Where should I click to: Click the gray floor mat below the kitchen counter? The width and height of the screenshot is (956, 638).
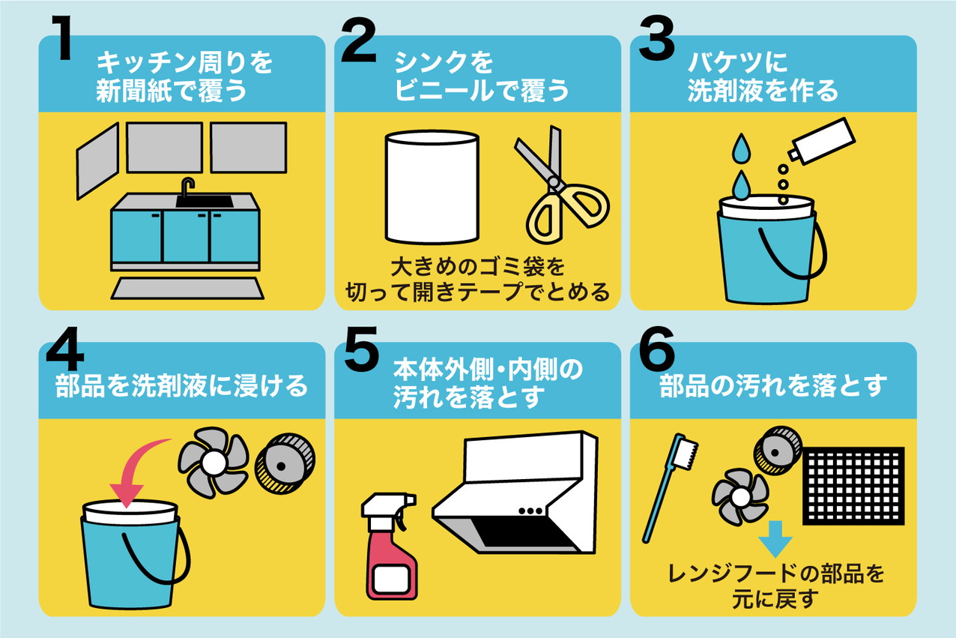pyautogui.click(x=187, y=288)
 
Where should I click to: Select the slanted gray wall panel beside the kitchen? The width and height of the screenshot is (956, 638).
pyautogui.click(x=97, y=161)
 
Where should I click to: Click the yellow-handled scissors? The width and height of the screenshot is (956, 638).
pyautogui.click(x=560, y=187)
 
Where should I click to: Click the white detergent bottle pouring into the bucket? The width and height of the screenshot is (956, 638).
pyautogui.click(x=821, y=140)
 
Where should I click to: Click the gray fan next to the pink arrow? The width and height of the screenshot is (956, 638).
pyautogui.click(x=214, y=463)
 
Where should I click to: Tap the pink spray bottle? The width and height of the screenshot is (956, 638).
pyautogui.click(x=390, y=547)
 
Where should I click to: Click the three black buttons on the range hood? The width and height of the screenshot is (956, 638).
pyautogui.click(x=530, y=511)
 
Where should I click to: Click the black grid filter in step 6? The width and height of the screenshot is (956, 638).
pyautogui.click(x=853, y=486)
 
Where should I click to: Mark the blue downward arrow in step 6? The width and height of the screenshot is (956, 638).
pyautogui.click(x=775, y=539)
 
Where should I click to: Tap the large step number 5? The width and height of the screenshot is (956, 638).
pyautogui.click(x=361, y=349)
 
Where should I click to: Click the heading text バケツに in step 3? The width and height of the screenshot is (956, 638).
pyautogui.click(x=737, y=62)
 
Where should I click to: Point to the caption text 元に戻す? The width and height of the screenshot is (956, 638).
pyautogui.click(x=775, y=599)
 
